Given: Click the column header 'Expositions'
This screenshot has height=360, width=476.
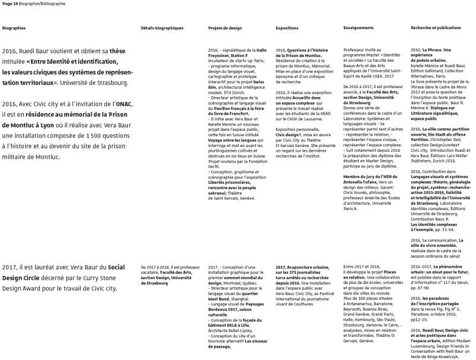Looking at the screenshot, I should [287, 29].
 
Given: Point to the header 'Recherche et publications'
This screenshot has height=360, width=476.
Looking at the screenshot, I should [436, 29].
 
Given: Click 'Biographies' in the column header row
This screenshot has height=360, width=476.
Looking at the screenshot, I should [14, 29].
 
